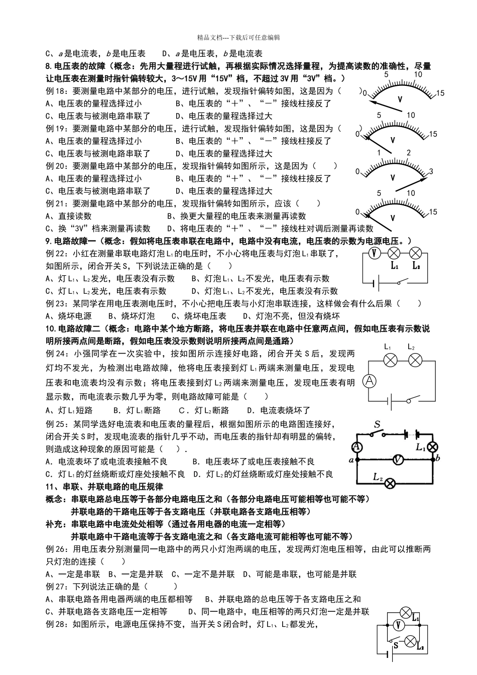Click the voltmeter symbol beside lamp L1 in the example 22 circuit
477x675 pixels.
pyautogui.click(x=373, y=254)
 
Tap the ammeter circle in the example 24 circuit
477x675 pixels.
pyautogui.click(x=369, y=381)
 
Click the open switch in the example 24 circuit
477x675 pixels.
pyautogui.click(x=413, y=400)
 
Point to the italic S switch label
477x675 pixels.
pyautogui.click(x=377, y=423)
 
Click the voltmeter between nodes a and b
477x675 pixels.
pyautogui.click(x=398, y=459)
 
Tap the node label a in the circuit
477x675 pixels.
pyautogui.click(x=351, y=459)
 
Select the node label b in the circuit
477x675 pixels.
pyautogui.click(x=438, y=458)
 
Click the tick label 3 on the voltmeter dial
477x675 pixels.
pyautogui.click(x=431, y=172)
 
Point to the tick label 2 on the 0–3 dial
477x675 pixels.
pyautogui.click(x=409, y=153)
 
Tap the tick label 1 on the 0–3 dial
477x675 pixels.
pyautogui.click(x=380, y=153)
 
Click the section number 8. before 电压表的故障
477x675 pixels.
pyautogui.click(x=49, y=66)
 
